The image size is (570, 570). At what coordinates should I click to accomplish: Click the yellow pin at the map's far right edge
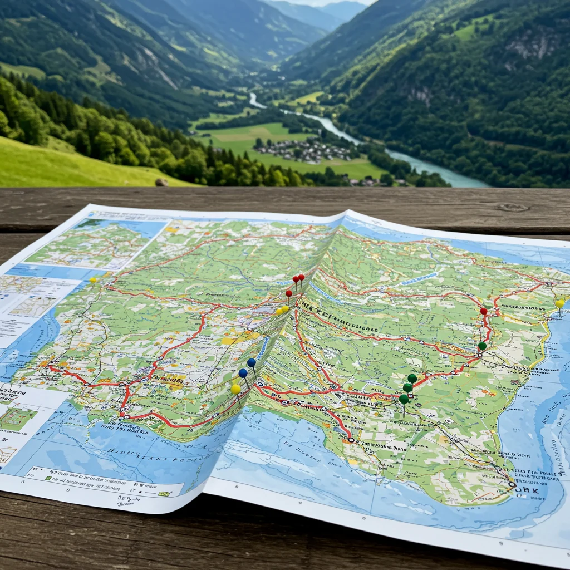(559, 303)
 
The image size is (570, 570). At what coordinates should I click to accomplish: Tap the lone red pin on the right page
(484, 311)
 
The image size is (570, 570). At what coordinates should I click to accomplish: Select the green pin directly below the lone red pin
(482, 346)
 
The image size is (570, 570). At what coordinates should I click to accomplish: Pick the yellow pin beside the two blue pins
(236, 389)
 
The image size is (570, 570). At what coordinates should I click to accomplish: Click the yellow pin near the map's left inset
(93, 280)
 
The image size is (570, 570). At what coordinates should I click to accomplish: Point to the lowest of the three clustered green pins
(404, 399)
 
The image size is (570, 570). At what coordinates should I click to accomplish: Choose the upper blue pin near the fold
(252, 362)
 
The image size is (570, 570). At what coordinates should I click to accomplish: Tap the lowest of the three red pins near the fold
(289, 293)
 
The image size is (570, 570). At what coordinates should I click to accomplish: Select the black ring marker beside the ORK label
(512, 484)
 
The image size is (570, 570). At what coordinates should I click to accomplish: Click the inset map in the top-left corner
(95, 242)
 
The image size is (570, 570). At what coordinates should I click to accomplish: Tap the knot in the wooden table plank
(513, 207)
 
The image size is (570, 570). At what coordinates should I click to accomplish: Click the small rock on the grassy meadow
(162, 182)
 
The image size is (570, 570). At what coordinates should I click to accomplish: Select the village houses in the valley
(303, 150)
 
